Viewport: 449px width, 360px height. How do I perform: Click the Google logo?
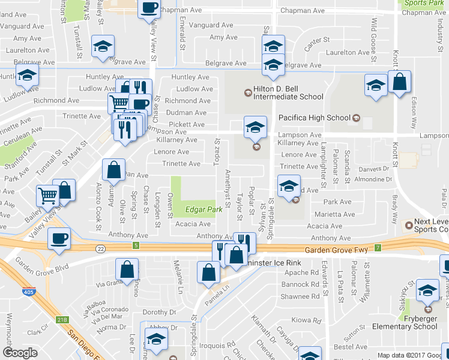[x=20, y=353]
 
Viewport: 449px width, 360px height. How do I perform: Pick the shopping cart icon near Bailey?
[x=47, y=195]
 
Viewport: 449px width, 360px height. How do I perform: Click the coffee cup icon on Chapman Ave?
[x=149, y=8]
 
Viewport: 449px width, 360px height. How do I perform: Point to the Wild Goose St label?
[x=373, y=34]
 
